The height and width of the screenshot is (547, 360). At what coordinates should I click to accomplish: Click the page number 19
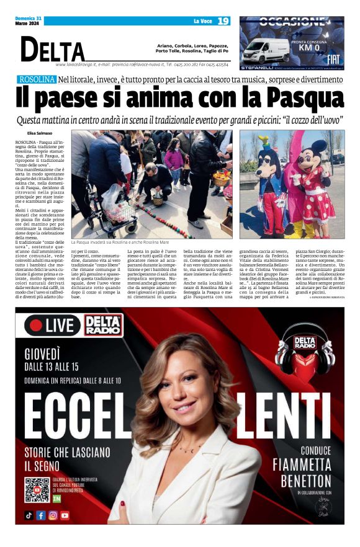tap(223, 21)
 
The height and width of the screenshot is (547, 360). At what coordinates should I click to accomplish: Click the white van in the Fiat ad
tap(265, 51)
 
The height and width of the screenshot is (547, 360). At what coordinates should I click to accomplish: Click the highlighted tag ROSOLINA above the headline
tap(37, 79)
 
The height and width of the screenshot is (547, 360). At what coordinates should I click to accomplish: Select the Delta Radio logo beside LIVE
tap(103, 324)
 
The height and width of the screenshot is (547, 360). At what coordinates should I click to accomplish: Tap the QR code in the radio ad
tap(37, 490)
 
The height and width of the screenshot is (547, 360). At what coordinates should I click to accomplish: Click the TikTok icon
tap(29, 515)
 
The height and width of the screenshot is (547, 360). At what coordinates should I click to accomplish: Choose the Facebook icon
tap(41, 515)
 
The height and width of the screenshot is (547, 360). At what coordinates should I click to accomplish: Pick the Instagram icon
tap(53, 515)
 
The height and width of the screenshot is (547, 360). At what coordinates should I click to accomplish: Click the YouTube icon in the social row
tap(65, 515)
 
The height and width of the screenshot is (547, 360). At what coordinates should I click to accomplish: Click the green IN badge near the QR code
tap(57, 499)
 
